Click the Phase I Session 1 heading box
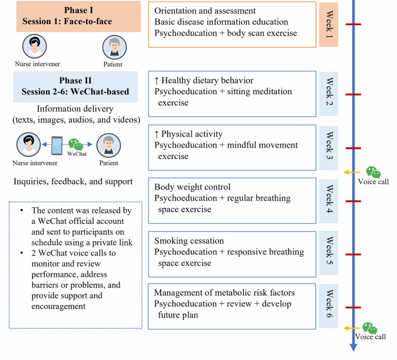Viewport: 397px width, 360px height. click(71, 16)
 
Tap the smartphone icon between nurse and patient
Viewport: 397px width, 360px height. click(57, 145)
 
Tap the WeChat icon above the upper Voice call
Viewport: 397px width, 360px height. click(373, 172)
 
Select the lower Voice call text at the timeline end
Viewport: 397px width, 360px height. click(370, 337)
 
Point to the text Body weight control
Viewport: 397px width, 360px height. click(192, 187)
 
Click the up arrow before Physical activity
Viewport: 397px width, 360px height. click(157, 134)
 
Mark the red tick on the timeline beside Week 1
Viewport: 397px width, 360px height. click(353, 24)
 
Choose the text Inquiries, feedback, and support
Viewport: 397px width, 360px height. click(72, 181)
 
